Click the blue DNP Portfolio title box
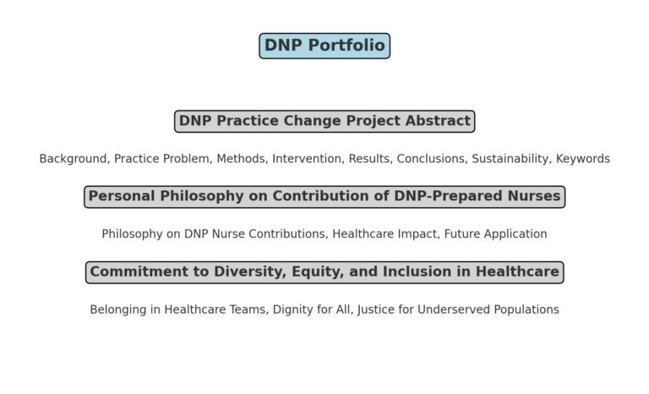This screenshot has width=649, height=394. tap(324, 46)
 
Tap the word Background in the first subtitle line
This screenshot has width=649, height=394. tap(73, 159)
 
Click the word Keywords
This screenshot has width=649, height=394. tap(582, 159)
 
